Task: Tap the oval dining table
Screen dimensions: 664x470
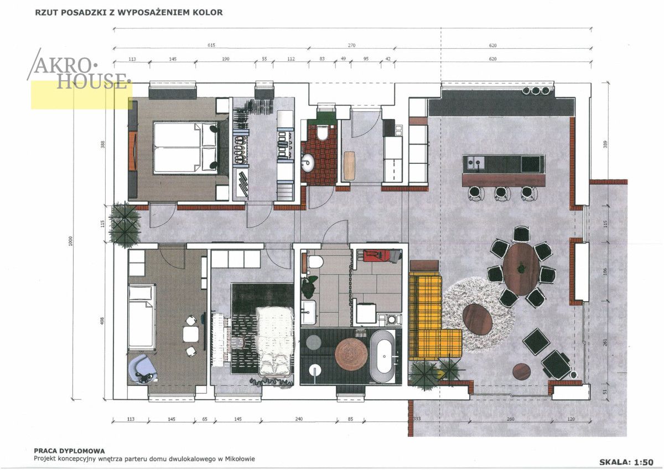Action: pyautogui.click(x=521, y=269)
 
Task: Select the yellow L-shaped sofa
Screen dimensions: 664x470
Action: pyautogui.click(x=430, y=317)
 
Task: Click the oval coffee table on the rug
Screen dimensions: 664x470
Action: pyautogui.click(x=478, y=319)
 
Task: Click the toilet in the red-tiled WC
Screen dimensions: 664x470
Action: pyautogui.click(x=322, y=133)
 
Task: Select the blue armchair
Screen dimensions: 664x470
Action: pyautogui.click(x=143, y=369)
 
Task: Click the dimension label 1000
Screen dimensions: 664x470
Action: pyautogui.click(x=70, y=241)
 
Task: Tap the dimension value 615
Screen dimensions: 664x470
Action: pyautogui.click(x=211, y=45)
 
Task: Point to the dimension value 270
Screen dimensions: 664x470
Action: pyautogui.click(x=351, y=45)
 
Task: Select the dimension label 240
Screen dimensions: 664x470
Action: pyautogui.click(x=299, y=419)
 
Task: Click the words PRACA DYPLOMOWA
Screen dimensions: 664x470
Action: pyautogui.click(x=69, y=451)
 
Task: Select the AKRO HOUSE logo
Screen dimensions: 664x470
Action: pyautogui.click(x=79, y=70)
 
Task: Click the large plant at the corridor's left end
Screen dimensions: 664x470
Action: pyautogui.click(x=124, y=224)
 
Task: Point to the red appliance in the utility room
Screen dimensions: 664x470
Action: pyautogui.click(x=374, y=256)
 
